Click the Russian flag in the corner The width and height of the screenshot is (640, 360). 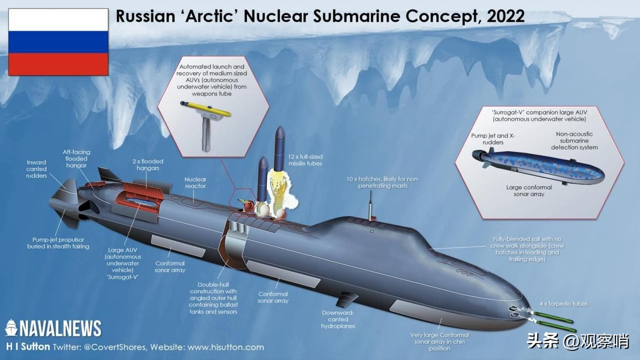[x=58, y=43]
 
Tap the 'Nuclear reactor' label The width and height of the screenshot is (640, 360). [x=195, y=183]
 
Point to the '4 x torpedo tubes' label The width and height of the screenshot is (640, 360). [x=564, y=303]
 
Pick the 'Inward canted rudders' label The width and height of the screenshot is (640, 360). [x=36, y=169]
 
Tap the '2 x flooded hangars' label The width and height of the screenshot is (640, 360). [x=148, y=165]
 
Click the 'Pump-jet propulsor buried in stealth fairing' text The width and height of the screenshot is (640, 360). [x=58, y=242]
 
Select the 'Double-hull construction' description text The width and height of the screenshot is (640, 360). [x=214, y=298]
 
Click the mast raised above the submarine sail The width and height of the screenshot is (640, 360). [x=371, y=208]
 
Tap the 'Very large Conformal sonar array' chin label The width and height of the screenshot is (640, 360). [x=439, y=342]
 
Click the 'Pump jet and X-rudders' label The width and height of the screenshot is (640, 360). [x=493, y=139]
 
